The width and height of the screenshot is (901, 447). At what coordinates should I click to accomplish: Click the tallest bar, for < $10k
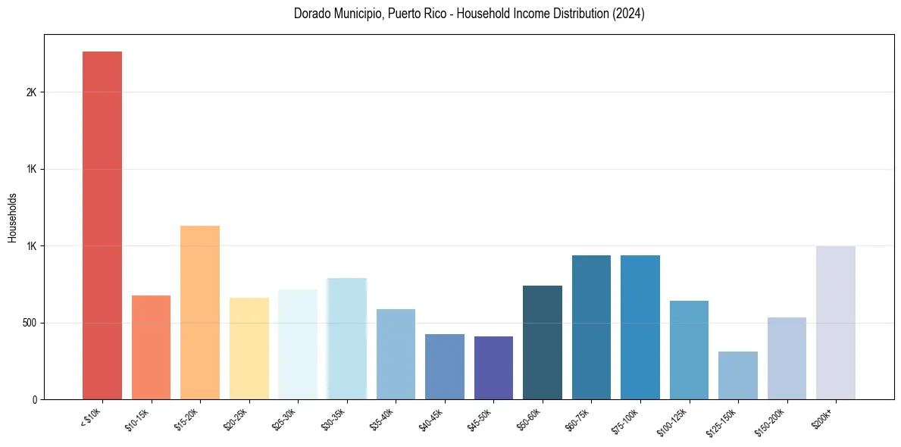pos(102,225)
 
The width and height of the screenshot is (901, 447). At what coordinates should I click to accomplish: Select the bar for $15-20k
pos(200,312)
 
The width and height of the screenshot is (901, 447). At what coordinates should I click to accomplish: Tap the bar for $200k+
pos(836,322)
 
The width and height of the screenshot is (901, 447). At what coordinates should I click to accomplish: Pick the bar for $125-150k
pos(738,375)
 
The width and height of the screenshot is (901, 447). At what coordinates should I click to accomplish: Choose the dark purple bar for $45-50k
pos(493,367)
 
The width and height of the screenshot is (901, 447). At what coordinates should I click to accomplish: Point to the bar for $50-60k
pos(543,342)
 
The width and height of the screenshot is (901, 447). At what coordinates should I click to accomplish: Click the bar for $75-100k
pos(640,327)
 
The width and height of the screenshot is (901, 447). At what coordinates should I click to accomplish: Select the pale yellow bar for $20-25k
pos(249,349)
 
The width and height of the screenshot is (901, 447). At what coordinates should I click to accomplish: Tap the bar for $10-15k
pos(151,347)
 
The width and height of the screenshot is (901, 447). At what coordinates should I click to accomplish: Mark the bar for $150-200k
pos(787,358)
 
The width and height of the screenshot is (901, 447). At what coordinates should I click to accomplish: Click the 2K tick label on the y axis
pos(31,92)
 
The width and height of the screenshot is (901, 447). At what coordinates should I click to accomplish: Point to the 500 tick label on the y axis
pos(29,323)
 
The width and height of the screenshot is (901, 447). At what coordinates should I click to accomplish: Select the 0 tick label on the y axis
pos(34,400)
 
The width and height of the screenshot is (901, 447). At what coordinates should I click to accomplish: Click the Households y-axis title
pos(12,217)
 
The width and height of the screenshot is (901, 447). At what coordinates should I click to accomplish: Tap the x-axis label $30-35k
pos(333,420)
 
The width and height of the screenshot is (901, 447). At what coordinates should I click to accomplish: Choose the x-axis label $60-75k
pos(577,420)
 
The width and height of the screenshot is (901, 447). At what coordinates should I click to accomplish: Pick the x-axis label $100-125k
pos(673,421)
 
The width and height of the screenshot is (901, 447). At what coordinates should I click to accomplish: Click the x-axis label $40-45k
pos(430,420)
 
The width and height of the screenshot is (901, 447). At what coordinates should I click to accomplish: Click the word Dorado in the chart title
pos(311,14)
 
